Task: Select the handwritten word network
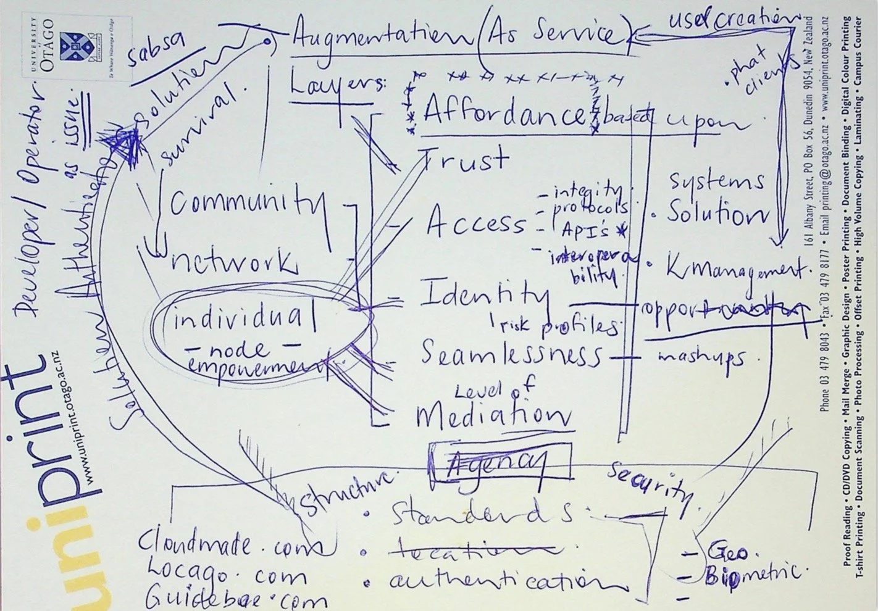(x=232, y=263)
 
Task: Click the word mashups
(x=700, y=357)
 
